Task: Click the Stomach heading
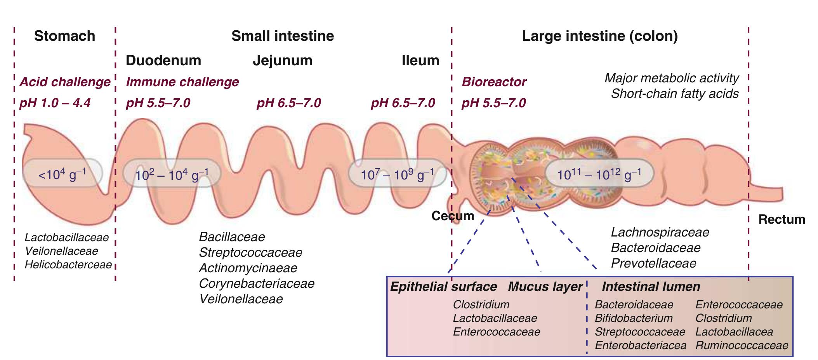(64, 36)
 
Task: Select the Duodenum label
(163, 61)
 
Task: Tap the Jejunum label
(282, 61)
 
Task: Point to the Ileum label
(420, 61)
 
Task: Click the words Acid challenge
(65, 82)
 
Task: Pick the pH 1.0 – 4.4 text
(55, 103)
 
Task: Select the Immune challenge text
(182, 82)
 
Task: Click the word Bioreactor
(493, 82)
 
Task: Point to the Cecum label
(453, 216)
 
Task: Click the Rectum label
(782, 219)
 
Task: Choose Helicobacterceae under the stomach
(68, 265)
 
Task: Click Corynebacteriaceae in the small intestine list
(256, 283)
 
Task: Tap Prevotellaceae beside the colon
(653, 263)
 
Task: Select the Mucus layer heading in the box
(545, 287)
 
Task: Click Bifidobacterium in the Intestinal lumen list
(633, 318)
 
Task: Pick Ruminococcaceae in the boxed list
(742, 345)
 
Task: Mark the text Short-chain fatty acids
(674, 94)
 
